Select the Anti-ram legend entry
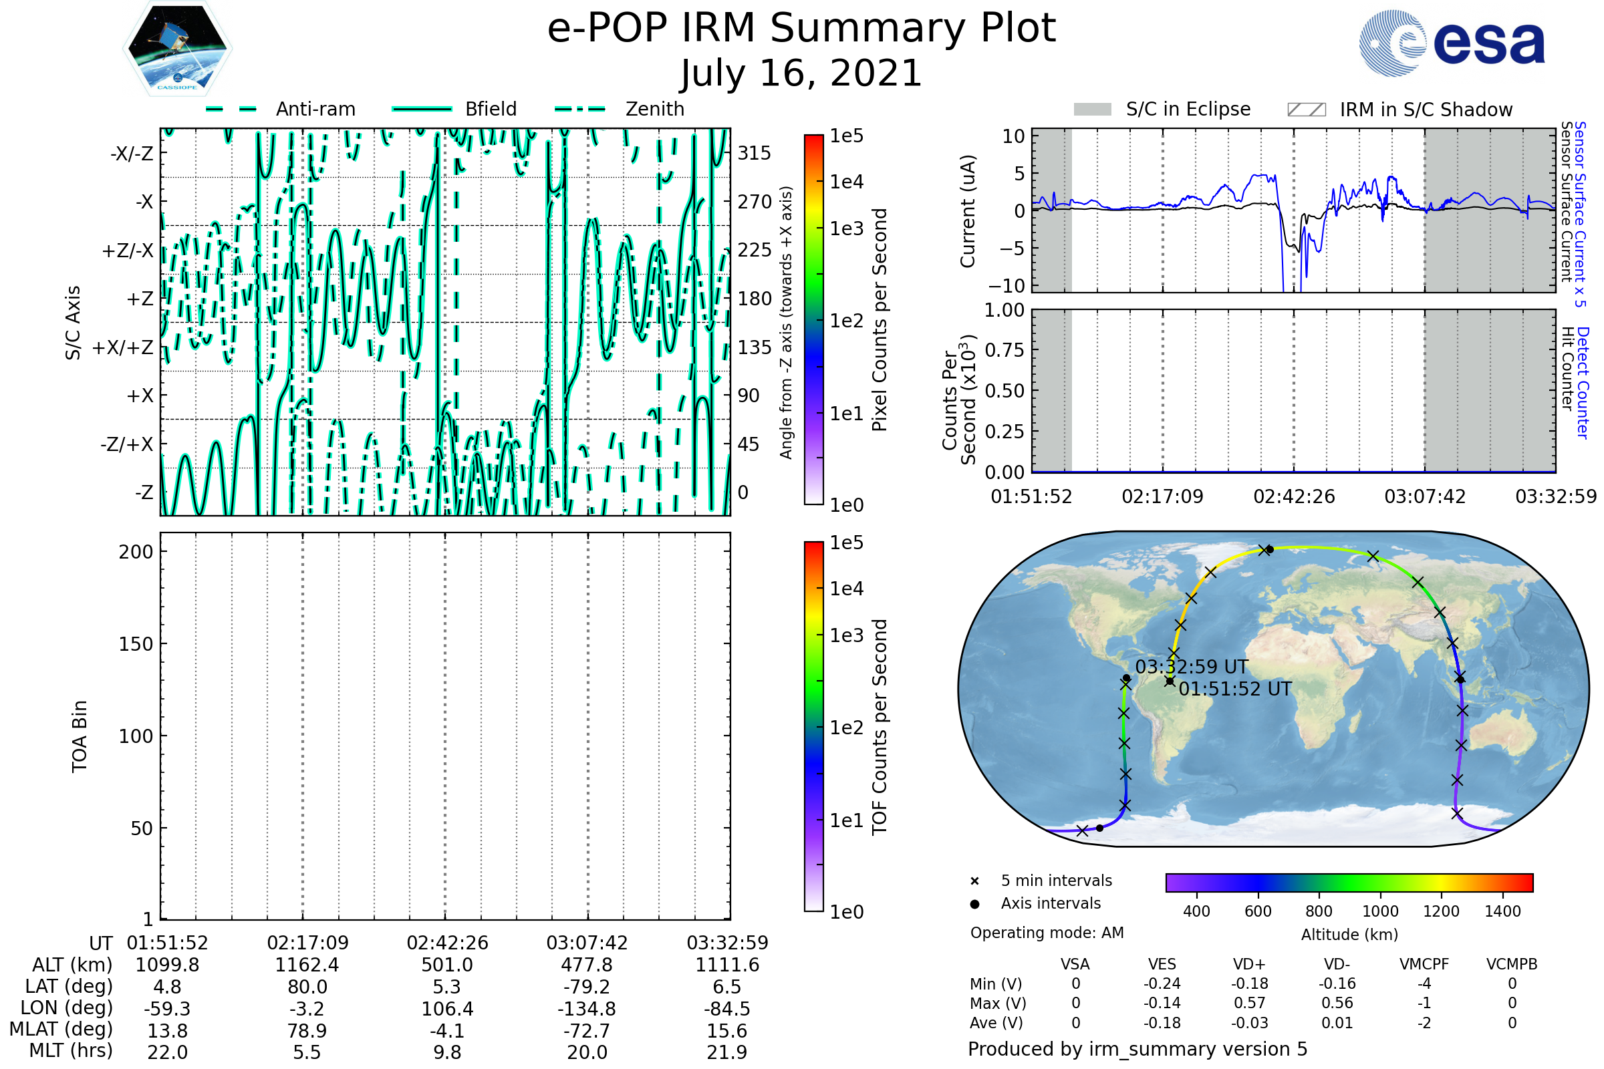(x=315, y=109)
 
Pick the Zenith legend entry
(x=654, y=109)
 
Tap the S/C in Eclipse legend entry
(x=1188, y=109)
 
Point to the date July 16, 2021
(x=801, y=73)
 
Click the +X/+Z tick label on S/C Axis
(x=123, y=347)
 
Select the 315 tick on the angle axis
(x=755, y=153)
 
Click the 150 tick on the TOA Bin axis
(x=136, y=644)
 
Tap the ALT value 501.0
(x=446, y=965)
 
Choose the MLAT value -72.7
(x=587, y=1031)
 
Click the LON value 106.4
(x=446, y=1009)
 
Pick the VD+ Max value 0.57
(x=1249, y=1003)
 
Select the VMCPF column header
(x=1424, y=964)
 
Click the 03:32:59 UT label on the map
(x=1192, y=667)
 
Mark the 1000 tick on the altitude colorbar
(x=1380, y=911)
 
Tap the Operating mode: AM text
(x=1047, y=933)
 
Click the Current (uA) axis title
(x=968, y=211)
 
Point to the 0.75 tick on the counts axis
(x=1005, y=350)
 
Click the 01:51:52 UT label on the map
(x=1235, y=689)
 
